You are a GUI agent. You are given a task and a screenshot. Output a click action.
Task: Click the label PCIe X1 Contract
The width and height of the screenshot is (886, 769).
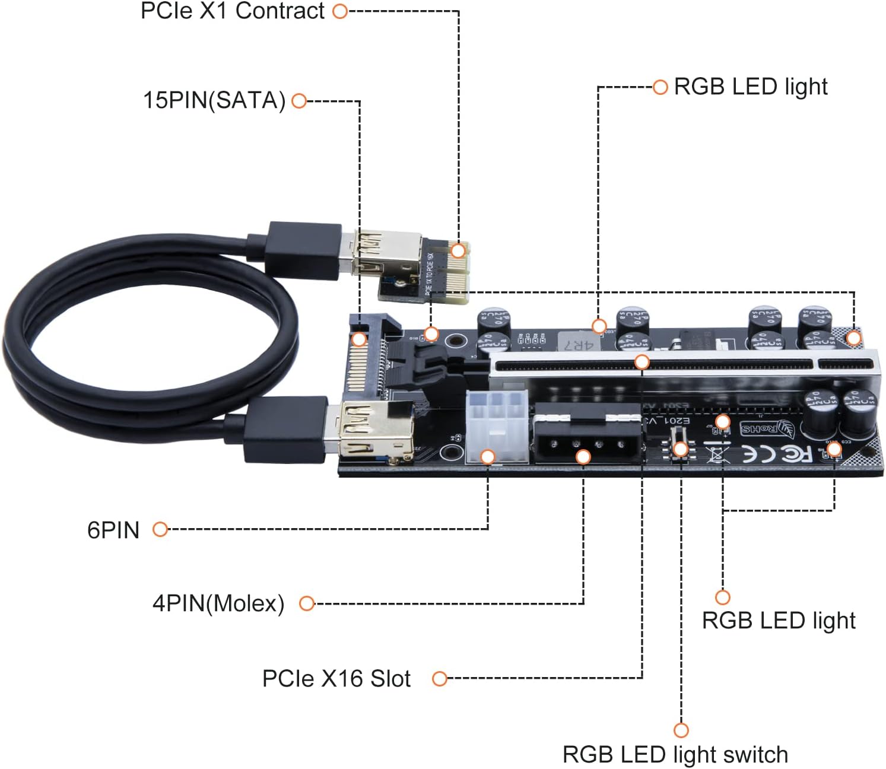[x=233, y=11]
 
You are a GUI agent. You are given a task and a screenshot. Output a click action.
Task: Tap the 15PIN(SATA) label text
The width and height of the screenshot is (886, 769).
[x=214, y=100]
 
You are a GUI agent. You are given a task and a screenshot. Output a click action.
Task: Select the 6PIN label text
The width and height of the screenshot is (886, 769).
[x=113, y=530]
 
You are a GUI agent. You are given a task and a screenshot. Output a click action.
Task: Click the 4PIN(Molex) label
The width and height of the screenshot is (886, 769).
[x=218, y=603]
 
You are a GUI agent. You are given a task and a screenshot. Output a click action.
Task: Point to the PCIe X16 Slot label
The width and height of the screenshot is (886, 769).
[x=336, y=679]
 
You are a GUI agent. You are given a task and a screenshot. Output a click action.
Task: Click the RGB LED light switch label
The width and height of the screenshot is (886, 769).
[x=675, y=755]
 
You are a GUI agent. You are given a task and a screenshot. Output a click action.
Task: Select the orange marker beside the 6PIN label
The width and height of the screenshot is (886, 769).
[x=160, y=529]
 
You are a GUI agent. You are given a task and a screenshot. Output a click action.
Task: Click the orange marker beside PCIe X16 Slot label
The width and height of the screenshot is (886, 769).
[x=439, y=679]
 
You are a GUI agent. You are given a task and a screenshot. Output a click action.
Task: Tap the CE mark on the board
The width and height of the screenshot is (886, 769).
[x=754, y=455]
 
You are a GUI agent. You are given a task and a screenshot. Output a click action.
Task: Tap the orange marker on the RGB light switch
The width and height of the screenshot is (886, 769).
[x=681, y=449]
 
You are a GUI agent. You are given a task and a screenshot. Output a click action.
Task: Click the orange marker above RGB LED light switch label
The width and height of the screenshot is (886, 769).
[x=681, y=730]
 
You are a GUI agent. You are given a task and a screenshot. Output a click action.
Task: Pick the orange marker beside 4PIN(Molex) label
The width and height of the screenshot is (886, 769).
[x=306, y=603]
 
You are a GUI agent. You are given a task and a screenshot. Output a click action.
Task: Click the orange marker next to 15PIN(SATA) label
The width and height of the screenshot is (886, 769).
[x=299, y=101]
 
